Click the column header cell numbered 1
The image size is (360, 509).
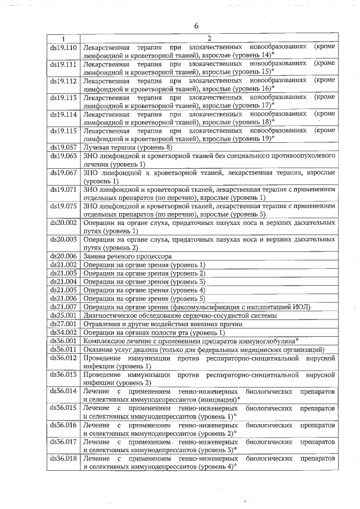coord(63,38)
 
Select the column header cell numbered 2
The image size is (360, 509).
coord(209,38)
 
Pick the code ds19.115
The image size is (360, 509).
coord(63,130)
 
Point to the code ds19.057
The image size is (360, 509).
coord(63,147)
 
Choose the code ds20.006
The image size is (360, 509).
coord(63,256)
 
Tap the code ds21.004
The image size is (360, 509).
coord(63,281)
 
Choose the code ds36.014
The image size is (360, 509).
coord(63,390)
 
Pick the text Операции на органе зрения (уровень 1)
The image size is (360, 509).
coord(144,264)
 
